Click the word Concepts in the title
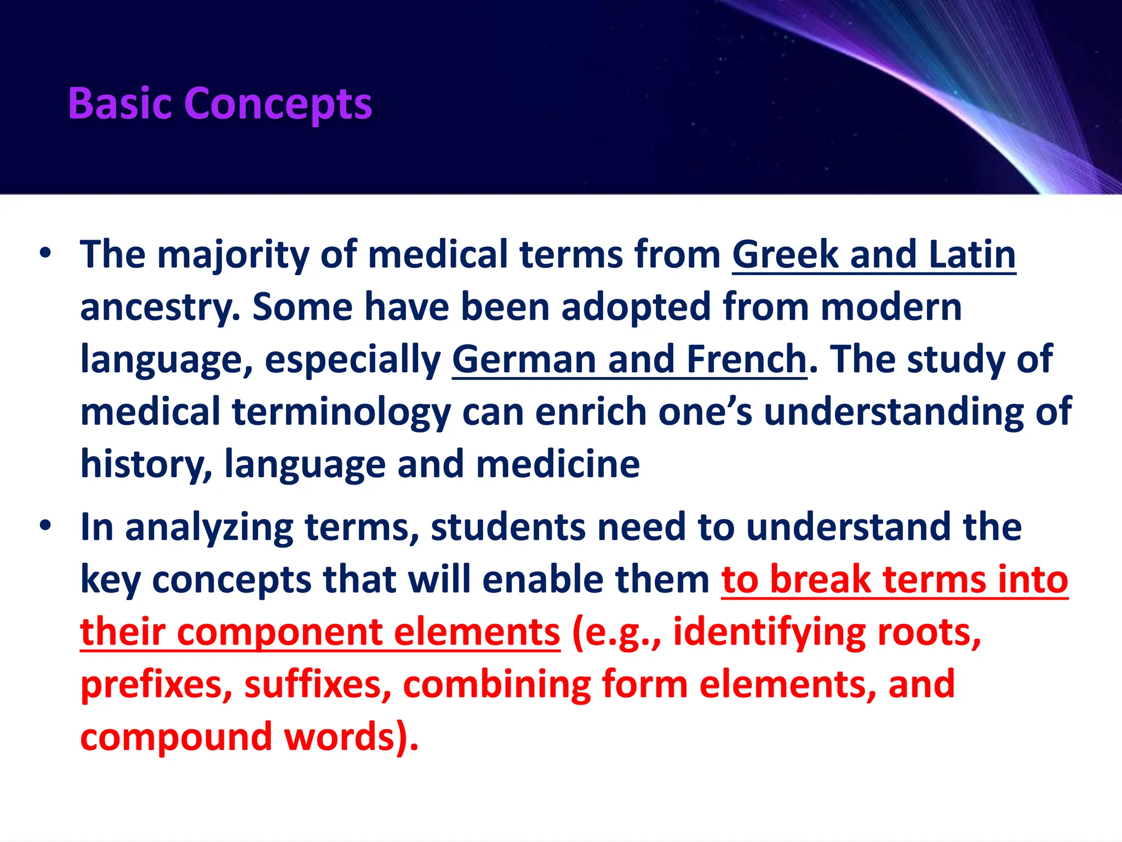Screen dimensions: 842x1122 click(x=279, y=104)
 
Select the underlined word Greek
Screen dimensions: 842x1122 click(x=786, y=254)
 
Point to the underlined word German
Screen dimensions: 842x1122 click(x=524, y=360)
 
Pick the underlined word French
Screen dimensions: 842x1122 click(x=746, y=360)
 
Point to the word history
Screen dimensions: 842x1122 click(x=146, y=465)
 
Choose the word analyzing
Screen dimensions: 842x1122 click(x=209, y=527)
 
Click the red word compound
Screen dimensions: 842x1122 click(x=176, y=737)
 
